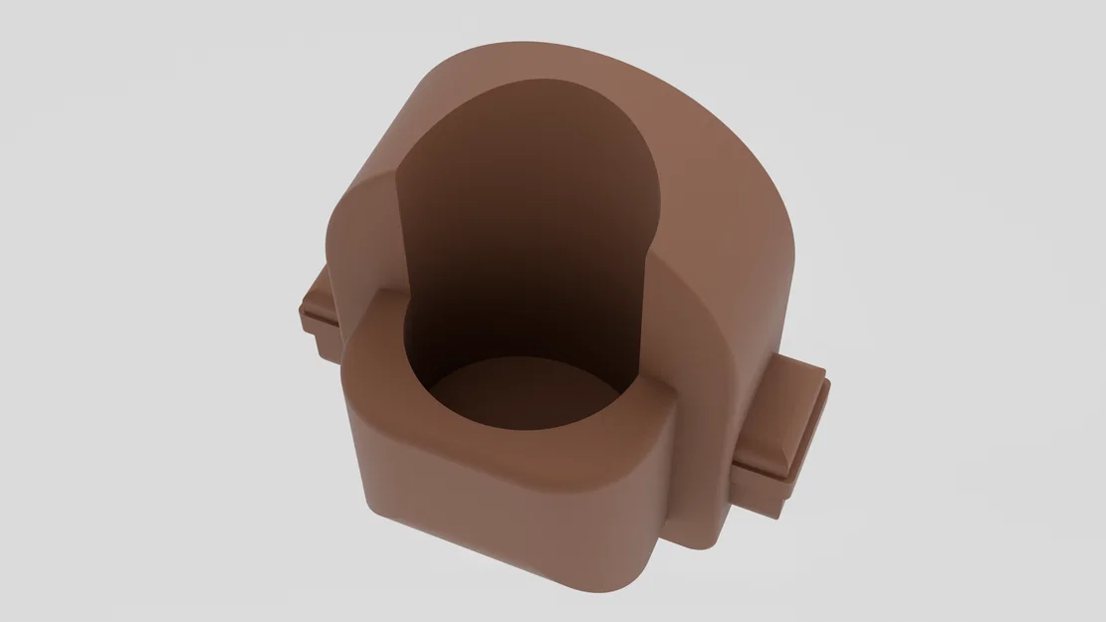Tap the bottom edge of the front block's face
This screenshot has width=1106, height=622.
point(498,563)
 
